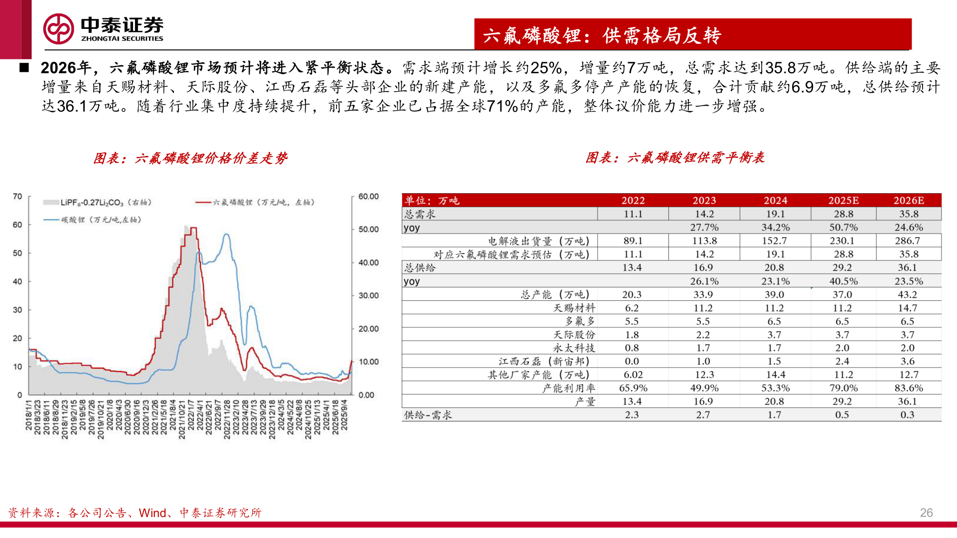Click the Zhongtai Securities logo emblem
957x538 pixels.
click(58, 29)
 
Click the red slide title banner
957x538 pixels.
click(692, 34)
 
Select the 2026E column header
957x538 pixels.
click(908, 201)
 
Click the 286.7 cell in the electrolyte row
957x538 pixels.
click(907, 241)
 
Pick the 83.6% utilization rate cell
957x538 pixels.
click(908, 388)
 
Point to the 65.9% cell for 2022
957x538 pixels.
click(633, 388)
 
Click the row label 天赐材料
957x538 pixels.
click(574, 308)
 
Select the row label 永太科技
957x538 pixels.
click(574, 348)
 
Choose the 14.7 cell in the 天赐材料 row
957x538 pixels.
click(907, 308)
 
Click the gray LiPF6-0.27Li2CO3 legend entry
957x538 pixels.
click(97, 203)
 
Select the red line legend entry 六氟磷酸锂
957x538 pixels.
click(255, 203)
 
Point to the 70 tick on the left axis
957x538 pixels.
click(17, 197)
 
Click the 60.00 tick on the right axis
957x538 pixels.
click(368, 197)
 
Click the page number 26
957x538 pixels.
click(926, 513)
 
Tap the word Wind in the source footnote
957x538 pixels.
click(153, 513)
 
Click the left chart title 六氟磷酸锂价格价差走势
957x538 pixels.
click(190, 158)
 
